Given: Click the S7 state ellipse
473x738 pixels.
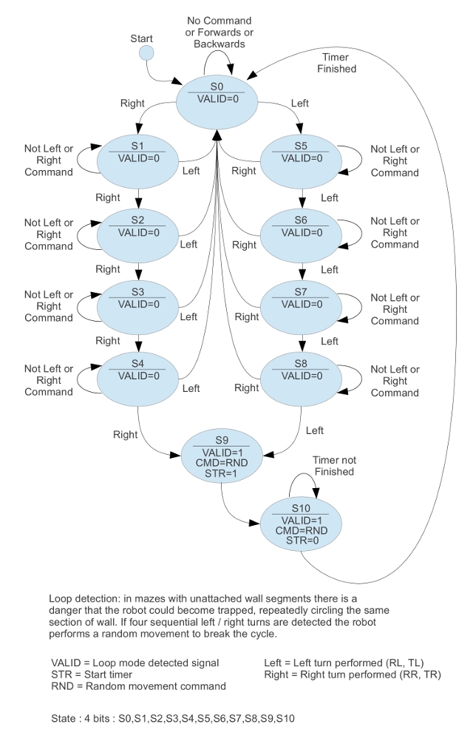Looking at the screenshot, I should pyautogui.click(x=301, y=298).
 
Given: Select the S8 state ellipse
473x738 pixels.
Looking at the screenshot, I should pyautogui.click(x=301, y=369).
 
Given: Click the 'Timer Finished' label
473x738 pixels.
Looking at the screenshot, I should pyautogui.click(x=336, y=63).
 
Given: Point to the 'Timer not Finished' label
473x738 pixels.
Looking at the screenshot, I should pyautogui.click(x=333, y=466).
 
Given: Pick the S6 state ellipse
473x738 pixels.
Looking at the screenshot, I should pyautogui.click(x=301, y=226).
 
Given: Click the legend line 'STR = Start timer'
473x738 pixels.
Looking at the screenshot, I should pyautogui.click(x=92, y=674).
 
